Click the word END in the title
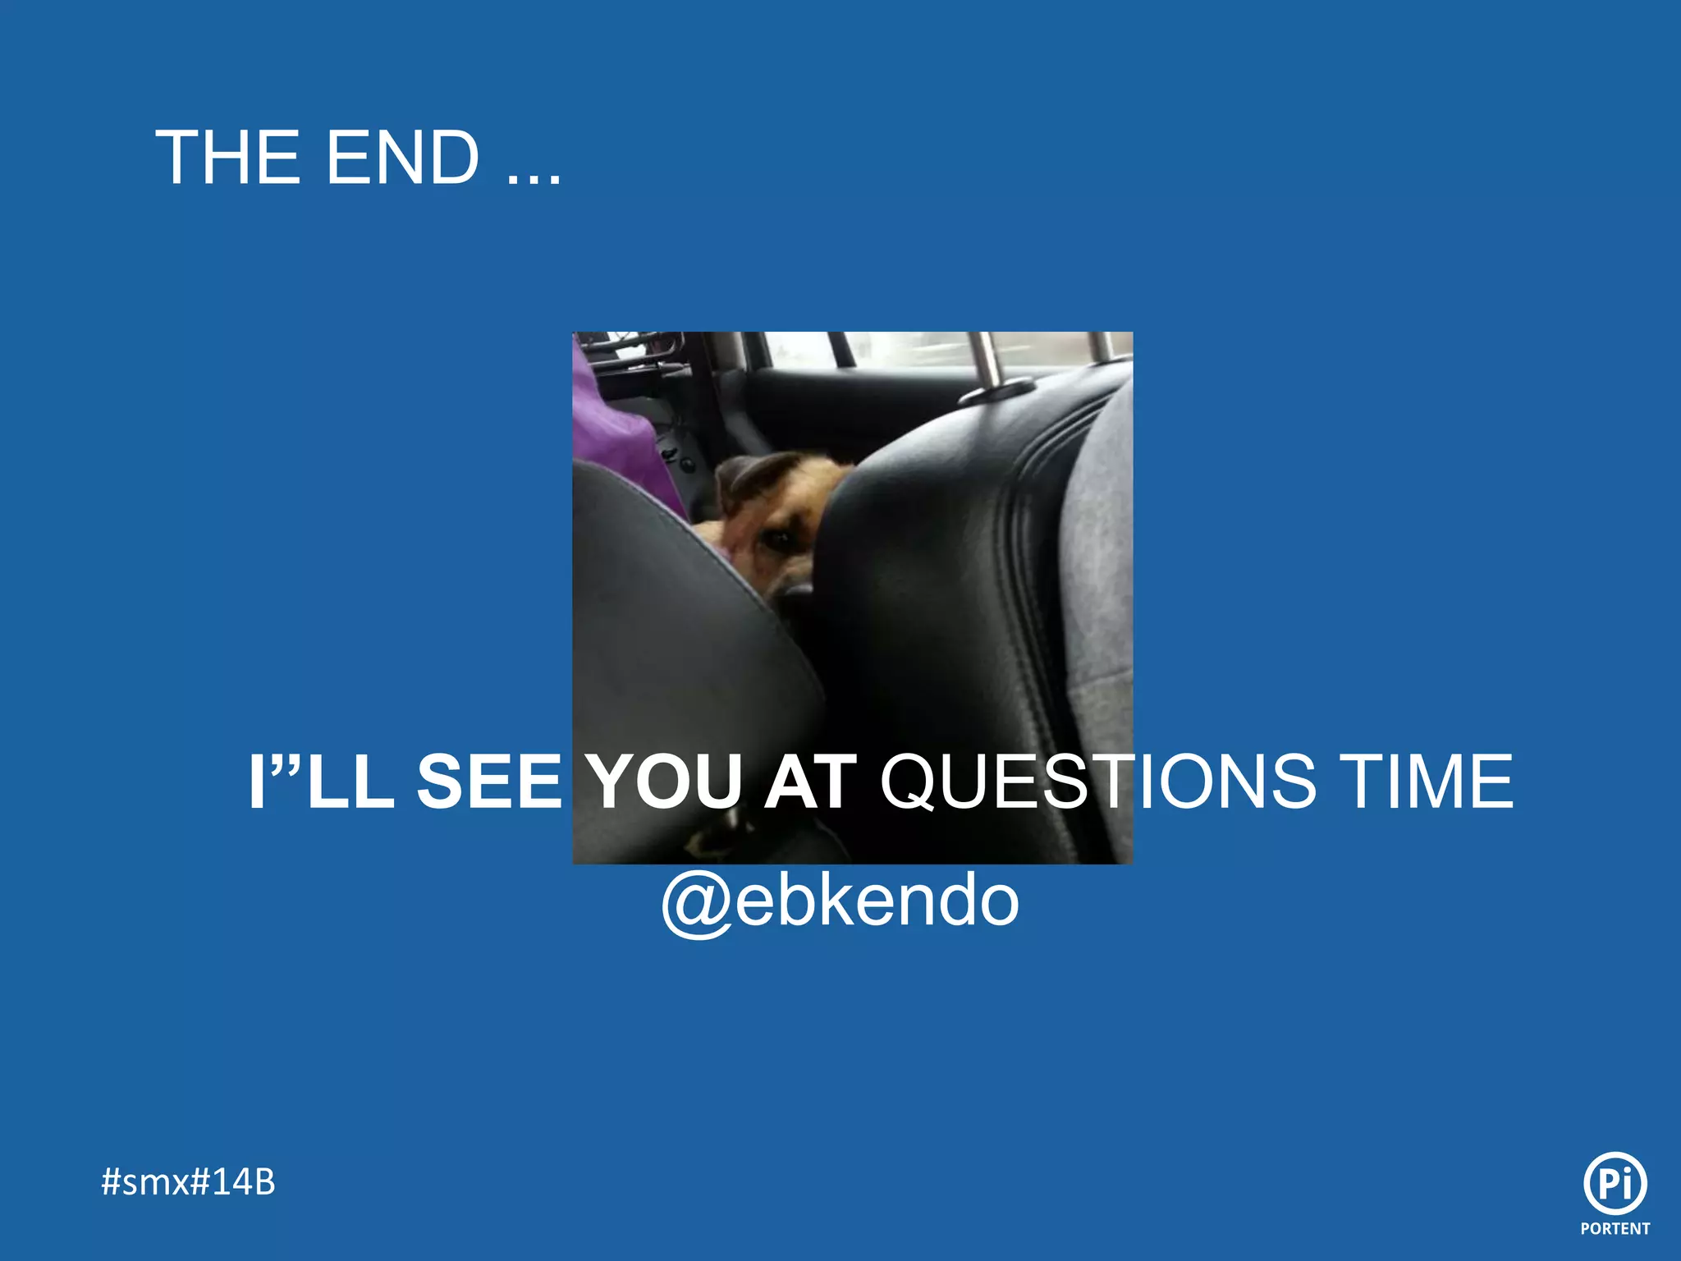(402, 158)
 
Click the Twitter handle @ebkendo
(840, 901)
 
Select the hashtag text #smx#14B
(188, 1182)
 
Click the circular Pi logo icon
(1615, 1183)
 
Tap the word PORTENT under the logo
(1615, 1229)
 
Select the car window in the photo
(903, 349)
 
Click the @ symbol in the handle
(696, 903)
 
